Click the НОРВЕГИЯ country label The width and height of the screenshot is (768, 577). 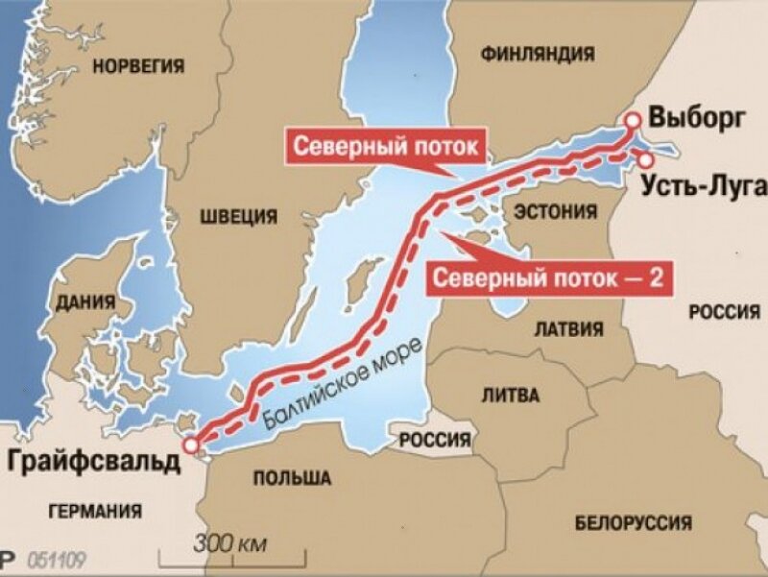tap(137, 65)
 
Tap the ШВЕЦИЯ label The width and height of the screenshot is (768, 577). tap(238, 215)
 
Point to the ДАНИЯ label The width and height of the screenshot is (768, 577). tap(86, 302)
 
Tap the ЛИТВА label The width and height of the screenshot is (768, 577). tap(514, 395)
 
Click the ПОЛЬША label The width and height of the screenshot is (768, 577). tap(293, 477)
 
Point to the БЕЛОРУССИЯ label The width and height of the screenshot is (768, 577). tap(633, 523)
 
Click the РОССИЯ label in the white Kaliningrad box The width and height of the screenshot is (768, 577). tap(436, 440)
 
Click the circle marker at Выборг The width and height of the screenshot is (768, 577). tap(633, 120)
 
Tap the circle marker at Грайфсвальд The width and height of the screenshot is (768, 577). tap(192, 445)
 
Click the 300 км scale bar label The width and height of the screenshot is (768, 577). tap(229, 544)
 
